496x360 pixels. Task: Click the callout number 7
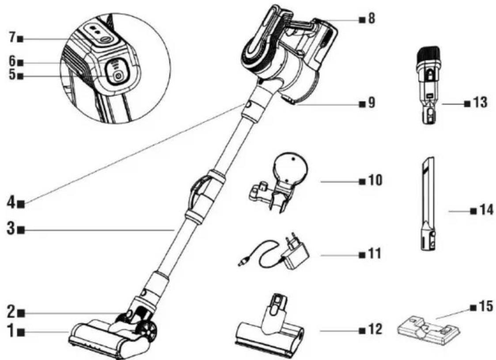(x=11, y=38)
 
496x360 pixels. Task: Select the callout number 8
(x=371, y=19)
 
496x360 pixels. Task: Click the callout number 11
(x=374, y=254)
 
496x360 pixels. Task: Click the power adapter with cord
(x=274, y=251)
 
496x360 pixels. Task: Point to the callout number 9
(x=371, y=103)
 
